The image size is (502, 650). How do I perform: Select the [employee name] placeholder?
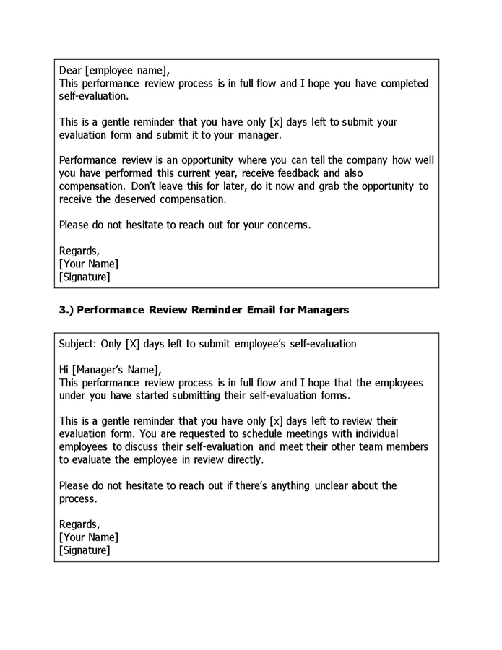point(127,71)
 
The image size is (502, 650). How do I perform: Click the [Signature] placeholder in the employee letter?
point(85,277)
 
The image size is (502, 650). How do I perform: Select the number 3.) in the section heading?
point(66,310)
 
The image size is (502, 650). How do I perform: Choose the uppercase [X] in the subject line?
point(132,344)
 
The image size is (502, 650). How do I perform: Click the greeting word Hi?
point(64,370)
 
